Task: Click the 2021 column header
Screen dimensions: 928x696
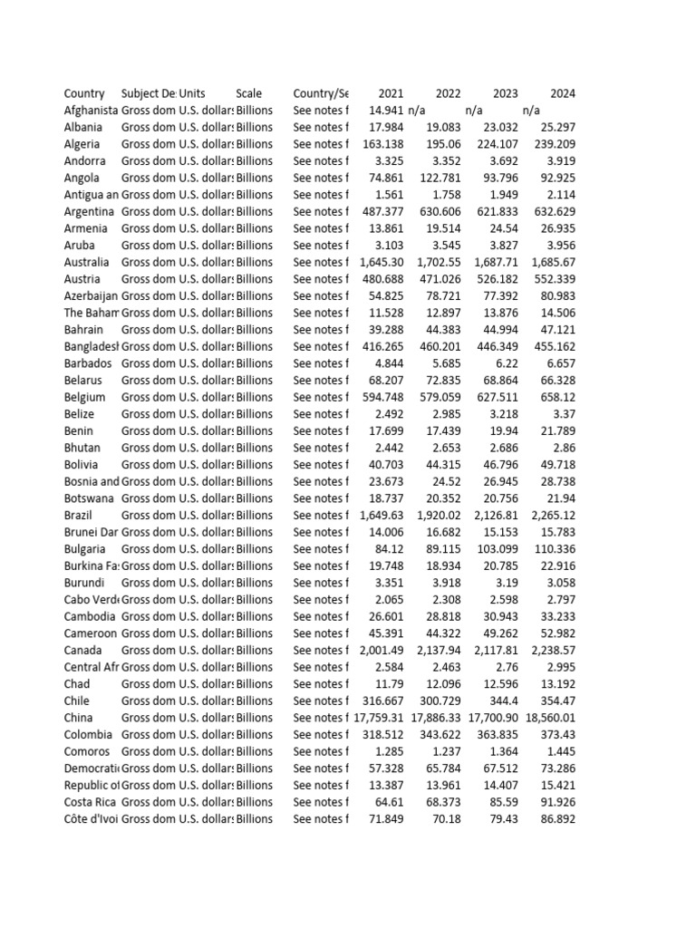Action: coord(391,93)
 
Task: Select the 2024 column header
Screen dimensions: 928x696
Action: coord(562,93)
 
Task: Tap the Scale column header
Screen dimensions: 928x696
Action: coord(248,93)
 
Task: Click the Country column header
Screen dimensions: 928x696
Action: coord(84,93)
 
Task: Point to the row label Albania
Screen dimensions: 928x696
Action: coord(83,127)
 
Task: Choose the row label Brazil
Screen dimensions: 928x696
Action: coord(79,515)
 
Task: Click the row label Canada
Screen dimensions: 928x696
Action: coord(82,650)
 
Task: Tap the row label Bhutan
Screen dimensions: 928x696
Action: coord(82,448)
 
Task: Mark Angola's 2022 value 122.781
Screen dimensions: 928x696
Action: coord(440,178)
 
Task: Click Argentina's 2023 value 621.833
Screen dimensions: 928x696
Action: coord(498,211)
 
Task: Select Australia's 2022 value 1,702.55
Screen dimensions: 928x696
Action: coord(440,262)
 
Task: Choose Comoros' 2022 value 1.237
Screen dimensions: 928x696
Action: coord(444,751)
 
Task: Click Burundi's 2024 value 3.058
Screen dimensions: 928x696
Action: coord(557,583)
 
